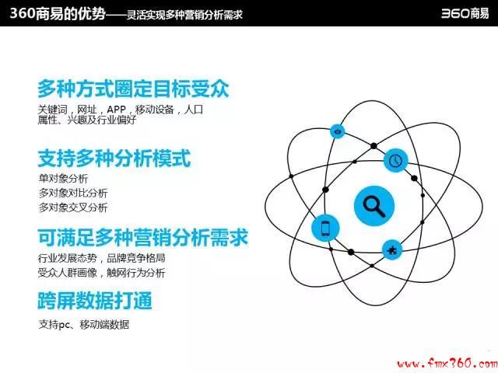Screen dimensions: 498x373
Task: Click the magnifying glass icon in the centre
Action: pyautogui.click(x=374, y=205)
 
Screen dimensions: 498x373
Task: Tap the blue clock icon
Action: pyautogui.click(x=396, y=160)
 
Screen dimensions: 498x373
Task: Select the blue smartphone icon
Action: pyautogui.click(x=325, y=228)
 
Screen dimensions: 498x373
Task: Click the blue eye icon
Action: pyautogui.click(x=337, y=131)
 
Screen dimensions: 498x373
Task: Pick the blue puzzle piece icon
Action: pyautogui.click(x=392, y=250)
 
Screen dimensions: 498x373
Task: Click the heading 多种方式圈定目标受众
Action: pyautogui.click(x=133, y=89)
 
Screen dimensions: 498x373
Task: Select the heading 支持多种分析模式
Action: pyautogui.click(x=114, y=158)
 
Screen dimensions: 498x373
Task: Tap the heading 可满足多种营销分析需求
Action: pyautogui.click(x=142, y=237)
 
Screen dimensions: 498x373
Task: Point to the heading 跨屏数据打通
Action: pyautogui.click(x=95, y=301)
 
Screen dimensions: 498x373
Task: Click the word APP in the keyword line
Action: pyautogui.click(x=117, y=110)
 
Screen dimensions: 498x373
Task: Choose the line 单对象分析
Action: pyautogui.click(x=63, y=179)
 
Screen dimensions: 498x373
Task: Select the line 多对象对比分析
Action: pyautogui.click(x=73, y=193)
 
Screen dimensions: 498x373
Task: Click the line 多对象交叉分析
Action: pyautogui.click(x=73, y=207)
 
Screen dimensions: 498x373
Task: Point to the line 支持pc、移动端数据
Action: pyautogui.click(x=84, y=325)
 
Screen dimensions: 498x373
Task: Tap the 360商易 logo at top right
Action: pyautogui.click(x=465, y=13)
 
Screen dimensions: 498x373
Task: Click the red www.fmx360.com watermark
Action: pyautogui.click(x=447, y=363)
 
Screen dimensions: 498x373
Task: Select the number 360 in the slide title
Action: pyautogui.click(x=23, y=14)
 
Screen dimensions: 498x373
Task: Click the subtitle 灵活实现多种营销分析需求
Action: pyautogui.click(x=184, y=15)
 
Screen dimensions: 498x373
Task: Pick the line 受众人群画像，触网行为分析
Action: pyautogui.click(x=102, y=273)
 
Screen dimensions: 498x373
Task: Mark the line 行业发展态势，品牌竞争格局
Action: pyautogui.click(x=102, y=258)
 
